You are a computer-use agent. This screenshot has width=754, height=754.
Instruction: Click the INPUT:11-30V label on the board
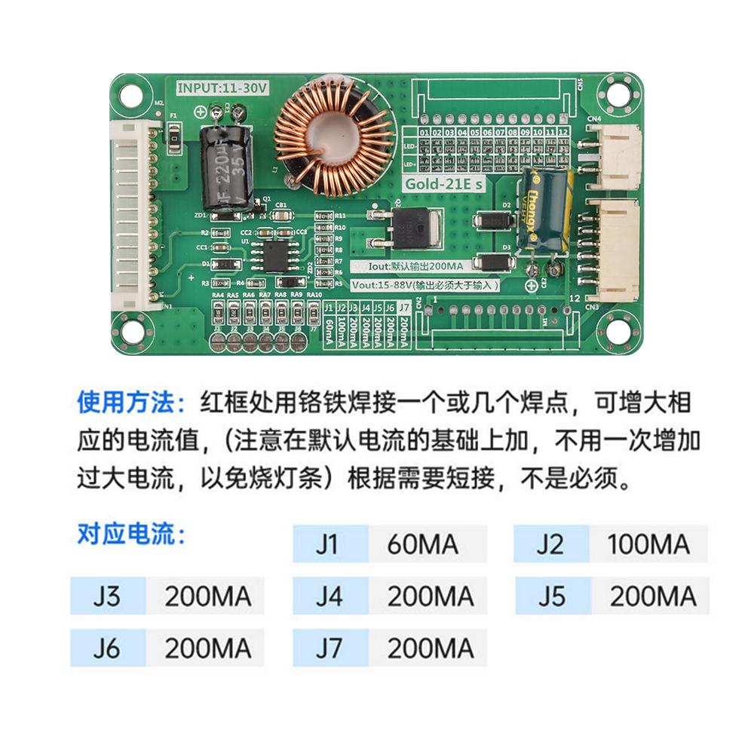click(x=222, y=87)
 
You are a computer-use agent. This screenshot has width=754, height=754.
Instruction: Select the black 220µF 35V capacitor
click(x=225, y=166)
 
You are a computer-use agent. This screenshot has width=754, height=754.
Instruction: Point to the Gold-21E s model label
click(x=444, y=184)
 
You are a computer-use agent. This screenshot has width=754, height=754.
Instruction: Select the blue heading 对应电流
click(x=130, y=534)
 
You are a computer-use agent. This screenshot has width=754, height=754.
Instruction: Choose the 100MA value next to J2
click(x=648, y=544)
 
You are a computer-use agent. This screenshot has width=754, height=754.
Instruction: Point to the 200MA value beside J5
click(x=653, y=596)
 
